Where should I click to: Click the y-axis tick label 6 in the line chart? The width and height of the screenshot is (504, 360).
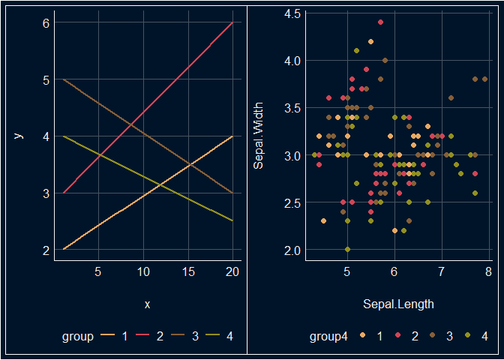tap(46, 22)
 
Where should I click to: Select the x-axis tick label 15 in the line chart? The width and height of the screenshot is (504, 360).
tap(187, 271)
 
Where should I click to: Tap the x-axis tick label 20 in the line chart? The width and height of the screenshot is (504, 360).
tap(232, 271)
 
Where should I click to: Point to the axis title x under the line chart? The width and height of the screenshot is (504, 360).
tap(147, 304)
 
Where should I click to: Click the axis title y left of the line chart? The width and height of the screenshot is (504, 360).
tap(19, 136)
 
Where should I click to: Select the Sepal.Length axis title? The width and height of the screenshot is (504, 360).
tap(398, 304)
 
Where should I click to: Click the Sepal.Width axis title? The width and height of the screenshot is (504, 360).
tap(259, 136)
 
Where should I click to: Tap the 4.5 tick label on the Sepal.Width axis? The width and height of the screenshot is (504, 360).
tap(292, 13)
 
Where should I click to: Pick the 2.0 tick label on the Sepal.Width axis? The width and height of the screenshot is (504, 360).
tap(292, 250)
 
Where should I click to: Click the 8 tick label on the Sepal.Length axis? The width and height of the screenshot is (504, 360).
tap(488, 271)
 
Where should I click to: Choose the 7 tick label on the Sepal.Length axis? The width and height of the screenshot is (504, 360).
tap(441, 271)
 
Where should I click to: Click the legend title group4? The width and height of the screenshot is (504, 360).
tap(329, 337)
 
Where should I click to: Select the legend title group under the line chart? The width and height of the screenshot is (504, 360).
tap(77, 337)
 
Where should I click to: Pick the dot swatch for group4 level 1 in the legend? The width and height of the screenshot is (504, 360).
tap(363, 337)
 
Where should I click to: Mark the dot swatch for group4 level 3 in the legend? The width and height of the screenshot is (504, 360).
tap(433, 337)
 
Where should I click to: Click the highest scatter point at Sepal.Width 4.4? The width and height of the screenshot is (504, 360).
tap(380, 22)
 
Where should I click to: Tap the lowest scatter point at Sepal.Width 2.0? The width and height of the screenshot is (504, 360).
tap(347, 249)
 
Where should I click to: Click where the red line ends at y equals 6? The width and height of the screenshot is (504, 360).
tap(232, 22)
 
